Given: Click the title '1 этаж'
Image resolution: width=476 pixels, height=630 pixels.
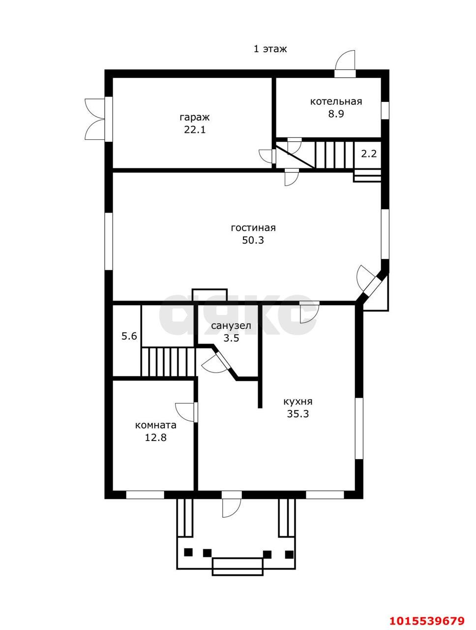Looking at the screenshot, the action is click(270, 49).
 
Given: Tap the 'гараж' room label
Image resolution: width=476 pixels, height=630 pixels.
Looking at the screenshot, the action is click(195, 118).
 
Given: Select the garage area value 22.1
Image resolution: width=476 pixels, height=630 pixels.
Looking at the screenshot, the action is click(195, 130).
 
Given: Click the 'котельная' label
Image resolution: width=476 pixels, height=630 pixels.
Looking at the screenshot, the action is click(336, 101).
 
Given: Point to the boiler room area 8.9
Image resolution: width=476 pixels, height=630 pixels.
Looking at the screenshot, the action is click(336, 114).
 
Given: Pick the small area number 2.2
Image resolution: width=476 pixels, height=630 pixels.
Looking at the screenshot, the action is click(368, 154).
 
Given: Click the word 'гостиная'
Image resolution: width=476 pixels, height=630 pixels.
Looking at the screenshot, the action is click(253, 227).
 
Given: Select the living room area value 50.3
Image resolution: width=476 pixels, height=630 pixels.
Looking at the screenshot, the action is click(253, 240).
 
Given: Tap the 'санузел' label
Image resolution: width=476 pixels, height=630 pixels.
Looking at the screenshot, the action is click(231, 326).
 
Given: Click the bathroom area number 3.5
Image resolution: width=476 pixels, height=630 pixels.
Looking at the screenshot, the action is click(232, 338).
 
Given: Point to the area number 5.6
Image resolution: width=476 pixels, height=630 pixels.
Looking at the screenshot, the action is click(129, 336).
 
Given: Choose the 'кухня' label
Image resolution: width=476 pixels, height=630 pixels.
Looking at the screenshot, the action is click(298, 402).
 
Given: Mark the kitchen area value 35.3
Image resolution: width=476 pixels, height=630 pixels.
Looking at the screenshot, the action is click(298, 414).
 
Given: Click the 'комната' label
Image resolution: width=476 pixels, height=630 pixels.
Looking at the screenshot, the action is click(156, 425).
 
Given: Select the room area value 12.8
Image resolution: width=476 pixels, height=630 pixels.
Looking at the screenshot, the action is click(156, 438).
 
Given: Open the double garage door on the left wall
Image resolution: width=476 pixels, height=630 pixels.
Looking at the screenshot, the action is click(94, 119).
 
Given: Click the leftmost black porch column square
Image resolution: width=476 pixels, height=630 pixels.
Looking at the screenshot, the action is click(188, 552).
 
